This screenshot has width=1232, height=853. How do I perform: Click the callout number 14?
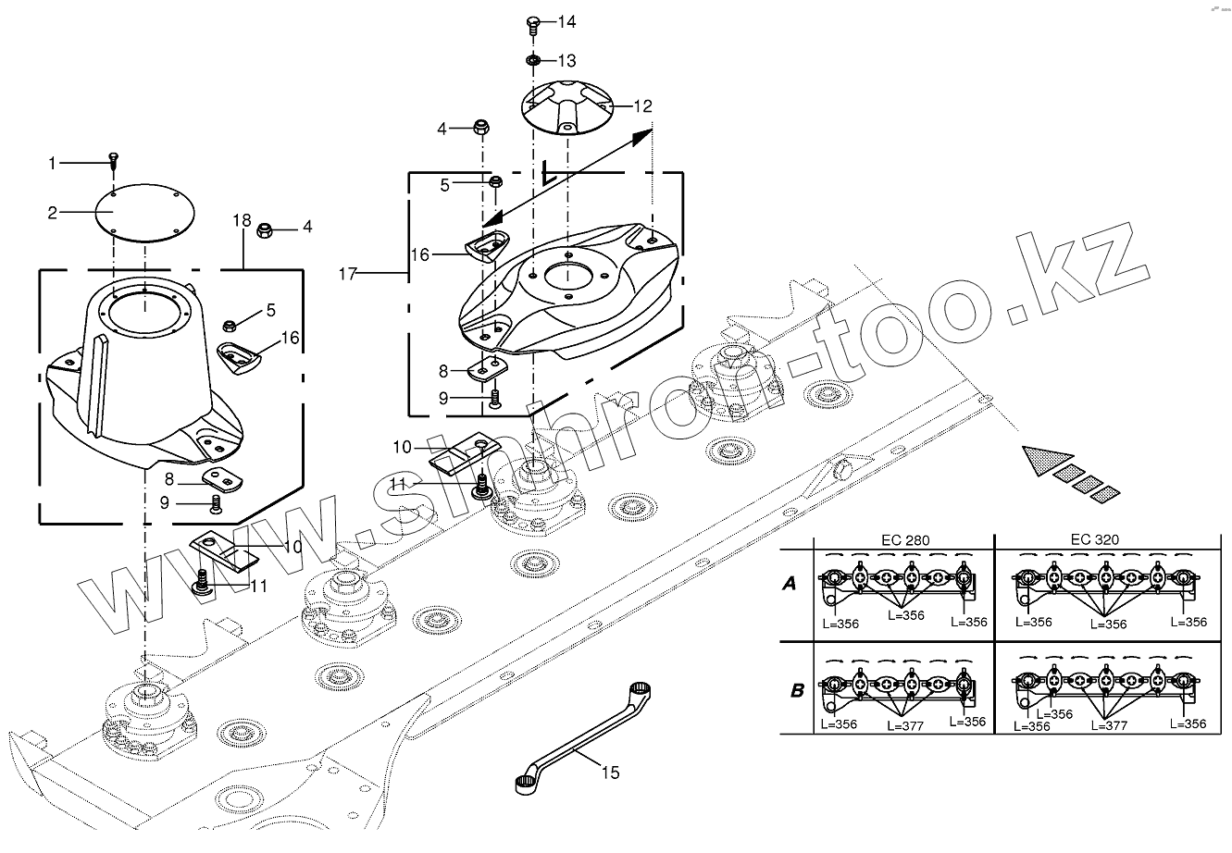point(566,20)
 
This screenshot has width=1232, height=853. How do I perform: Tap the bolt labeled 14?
point(533,22)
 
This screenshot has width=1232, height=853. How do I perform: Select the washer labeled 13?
point(533,61)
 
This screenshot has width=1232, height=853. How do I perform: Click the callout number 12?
point(642,106)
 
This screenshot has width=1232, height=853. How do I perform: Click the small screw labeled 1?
point(113,160)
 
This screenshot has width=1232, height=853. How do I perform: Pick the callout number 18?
point(242,221)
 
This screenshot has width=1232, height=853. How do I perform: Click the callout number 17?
point(348,274)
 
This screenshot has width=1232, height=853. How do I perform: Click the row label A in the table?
point(790,584)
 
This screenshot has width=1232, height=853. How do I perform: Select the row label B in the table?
point(796,690)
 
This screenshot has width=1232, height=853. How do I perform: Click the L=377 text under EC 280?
point(905,726)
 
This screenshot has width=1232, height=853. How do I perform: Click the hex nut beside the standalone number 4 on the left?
point(264,228)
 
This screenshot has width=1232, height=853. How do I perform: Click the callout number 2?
point(54,213)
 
